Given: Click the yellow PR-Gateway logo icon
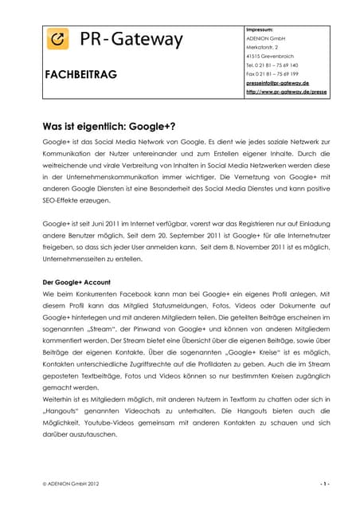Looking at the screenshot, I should pyautogui.click(x=57, y=39).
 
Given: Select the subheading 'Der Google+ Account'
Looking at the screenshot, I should pyautogui.click(x=76, y=282).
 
